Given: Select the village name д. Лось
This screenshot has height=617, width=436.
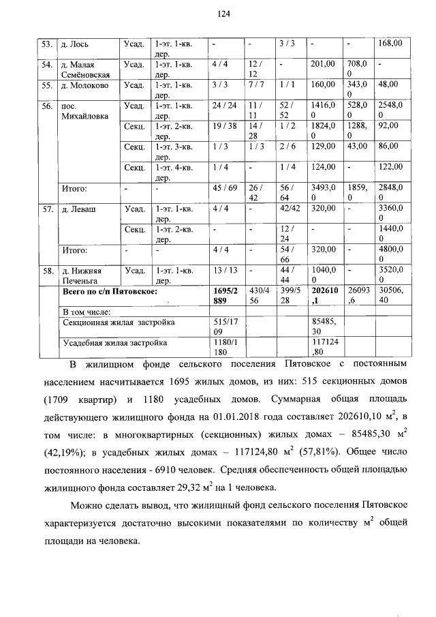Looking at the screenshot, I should coord(73,44).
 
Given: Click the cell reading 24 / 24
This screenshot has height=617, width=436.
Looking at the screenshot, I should coord(223,106).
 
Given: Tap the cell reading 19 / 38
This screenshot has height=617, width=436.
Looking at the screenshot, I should coord(223,127).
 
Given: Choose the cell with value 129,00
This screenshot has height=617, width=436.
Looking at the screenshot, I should coord(323,147).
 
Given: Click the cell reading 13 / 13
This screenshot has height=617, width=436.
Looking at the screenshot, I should coord(223,271).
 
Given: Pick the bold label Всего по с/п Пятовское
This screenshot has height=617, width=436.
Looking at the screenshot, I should coord(110,291).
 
